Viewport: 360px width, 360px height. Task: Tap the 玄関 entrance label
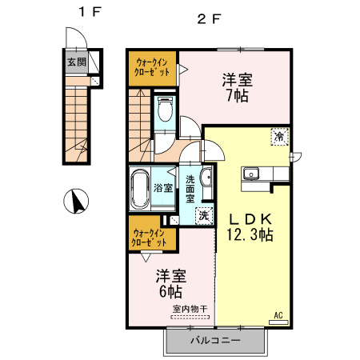(x=75, y=62)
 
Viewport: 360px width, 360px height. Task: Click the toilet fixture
(x=165, y=110)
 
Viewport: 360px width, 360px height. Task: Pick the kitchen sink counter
(x=260, y=173)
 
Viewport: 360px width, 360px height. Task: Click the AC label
(x=280, y=314)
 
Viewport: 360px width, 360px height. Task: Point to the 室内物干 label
(x=190, y=308)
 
